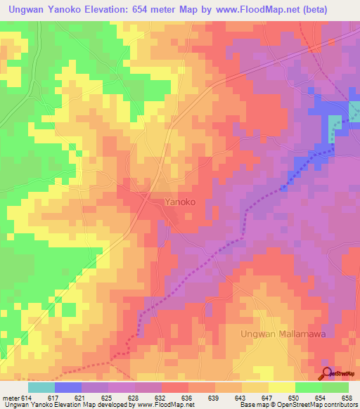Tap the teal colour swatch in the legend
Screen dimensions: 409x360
(x=41, y=387)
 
